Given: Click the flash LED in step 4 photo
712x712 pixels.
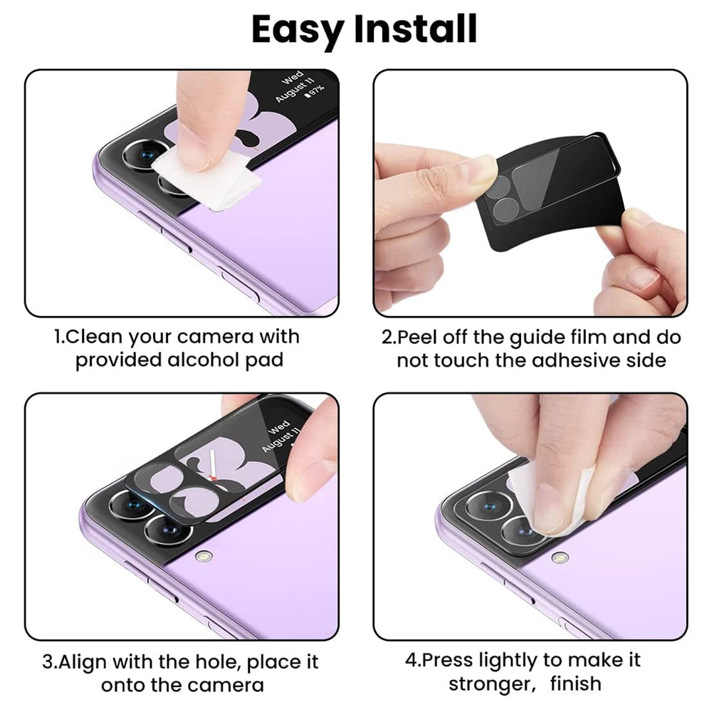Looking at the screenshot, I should pyautogui.click(x=560, y=557).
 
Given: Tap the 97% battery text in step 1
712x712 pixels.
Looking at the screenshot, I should pyautogui.click(x=314, y=90).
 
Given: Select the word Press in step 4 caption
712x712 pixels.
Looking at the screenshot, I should pyautogui.click(x=446, y=660).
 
